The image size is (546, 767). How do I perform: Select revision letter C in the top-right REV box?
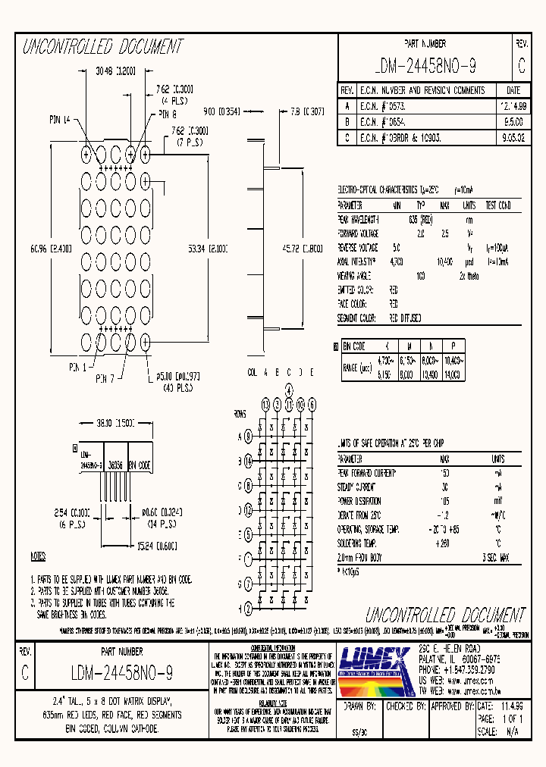pyautogui.click(x=521, y=66)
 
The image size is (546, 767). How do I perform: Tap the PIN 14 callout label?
pyautogui.click(x=60, y=119)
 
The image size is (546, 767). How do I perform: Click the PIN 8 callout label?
pyautogui.click(x=168, y=114)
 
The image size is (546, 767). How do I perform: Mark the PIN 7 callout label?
pyautogui.click(x=107, y=377)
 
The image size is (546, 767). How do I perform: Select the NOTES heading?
pyautogui.click(x=38, y=557)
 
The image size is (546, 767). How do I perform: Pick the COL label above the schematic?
pyautogui.click(x=253, y=372)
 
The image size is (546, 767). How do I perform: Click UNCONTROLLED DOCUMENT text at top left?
pyautogui.click(x=102, y=47)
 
